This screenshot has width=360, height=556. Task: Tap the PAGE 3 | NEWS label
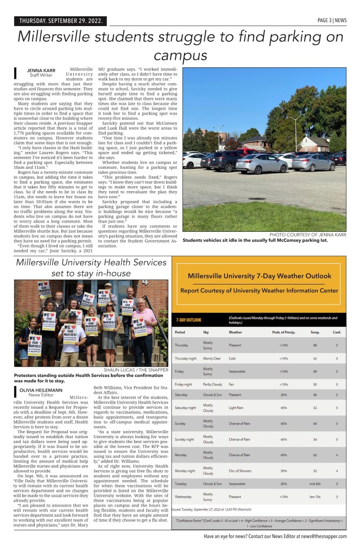[332, 21]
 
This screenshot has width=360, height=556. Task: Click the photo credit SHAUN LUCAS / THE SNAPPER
[136, 369]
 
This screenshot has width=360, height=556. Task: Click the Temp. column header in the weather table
[315, 332]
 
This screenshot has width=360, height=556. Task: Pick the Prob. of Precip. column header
[283, 332]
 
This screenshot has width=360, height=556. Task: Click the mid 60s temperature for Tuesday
[315, 483]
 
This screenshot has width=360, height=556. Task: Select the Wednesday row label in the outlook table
[184, 496]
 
